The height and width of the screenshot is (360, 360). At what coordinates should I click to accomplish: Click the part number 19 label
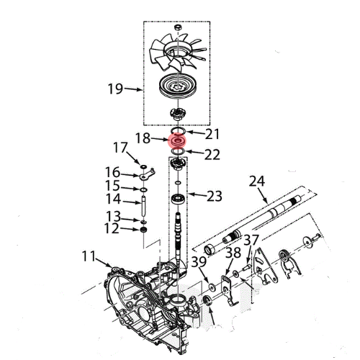coord(115,89)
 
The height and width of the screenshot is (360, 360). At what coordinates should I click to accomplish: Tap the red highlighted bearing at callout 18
coord(178,141)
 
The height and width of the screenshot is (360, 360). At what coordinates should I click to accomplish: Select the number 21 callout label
coord(212,134)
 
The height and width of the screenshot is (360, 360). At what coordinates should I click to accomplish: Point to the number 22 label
coord(212,155)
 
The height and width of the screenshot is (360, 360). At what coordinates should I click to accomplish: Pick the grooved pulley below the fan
coord(178,86)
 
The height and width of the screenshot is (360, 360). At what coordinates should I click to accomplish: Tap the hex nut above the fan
coord(178,27)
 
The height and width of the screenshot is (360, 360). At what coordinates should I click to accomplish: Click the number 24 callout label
coord(257,181)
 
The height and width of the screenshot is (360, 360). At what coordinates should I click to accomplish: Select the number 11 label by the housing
coord(89,256)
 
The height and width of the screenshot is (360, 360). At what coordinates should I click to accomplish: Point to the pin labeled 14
coord(144,206)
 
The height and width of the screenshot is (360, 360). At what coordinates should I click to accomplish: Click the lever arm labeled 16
coord(147,174)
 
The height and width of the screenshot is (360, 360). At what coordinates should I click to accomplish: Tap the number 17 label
coord(120,148)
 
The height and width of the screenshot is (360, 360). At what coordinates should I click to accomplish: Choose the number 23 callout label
coord(215,196)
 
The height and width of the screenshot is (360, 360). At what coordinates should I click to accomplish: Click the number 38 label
coord(233,253)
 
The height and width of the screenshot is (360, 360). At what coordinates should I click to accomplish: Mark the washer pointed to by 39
coord(212,287)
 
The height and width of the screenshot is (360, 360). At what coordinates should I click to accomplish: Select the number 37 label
coord(251,240)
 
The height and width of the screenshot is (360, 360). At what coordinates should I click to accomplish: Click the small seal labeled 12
coord(143,230)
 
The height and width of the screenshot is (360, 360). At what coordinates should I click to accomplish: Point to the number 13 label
coord(113,216)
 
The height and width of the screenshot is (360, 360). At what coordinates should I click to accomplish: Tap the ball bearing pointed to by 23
coord(178,199)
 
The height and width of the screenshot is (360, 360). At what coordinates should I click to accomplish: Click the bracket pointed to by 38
coord(228,290)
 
